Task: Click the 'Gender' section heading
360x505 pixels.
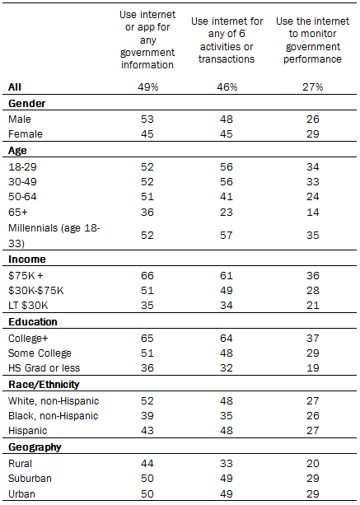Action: [26, 104]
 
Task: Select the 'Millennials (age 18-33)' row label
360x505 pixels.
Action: [54, 236]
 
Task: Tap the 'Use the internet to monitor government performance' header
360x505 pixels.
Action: [312, 40]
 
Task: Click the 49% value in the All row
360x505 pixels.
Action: [147, 87]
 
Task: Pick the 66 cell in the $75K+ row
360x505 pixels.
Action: [147, 276]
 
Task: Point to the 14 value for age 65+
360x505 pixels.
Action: [312, 213]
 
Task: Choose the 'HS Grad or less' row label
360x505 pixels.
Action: [44, 368]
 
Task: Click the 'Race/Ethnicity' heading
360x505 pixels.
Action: [44, 385]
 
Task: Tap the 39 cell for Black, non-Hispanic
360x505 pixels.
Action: [147, 416]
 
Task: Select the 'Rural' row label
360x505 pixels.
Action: [20, 464]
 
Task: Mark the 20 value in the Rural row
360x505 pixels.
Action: [312, 464]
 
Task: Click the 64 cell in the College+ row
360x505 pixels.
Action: [226, 338]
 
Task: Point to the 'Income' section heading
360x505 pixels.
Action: [27, 260]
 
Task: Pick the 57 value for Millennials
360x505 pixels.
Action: [226, 236]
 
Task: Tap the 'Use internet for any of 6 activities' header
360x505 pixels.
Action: [227, 40]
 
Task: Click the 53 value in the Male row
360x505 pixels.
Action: [147, 119]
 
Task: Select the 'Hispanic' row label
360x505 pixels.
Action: [28, 431]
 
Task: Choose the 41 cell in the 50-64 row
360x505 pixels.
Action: [226, 196]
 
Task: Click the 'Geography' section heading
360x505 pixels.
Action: [35, 447]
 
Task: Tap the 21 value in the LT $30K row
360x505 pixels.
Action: [312, 306]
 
